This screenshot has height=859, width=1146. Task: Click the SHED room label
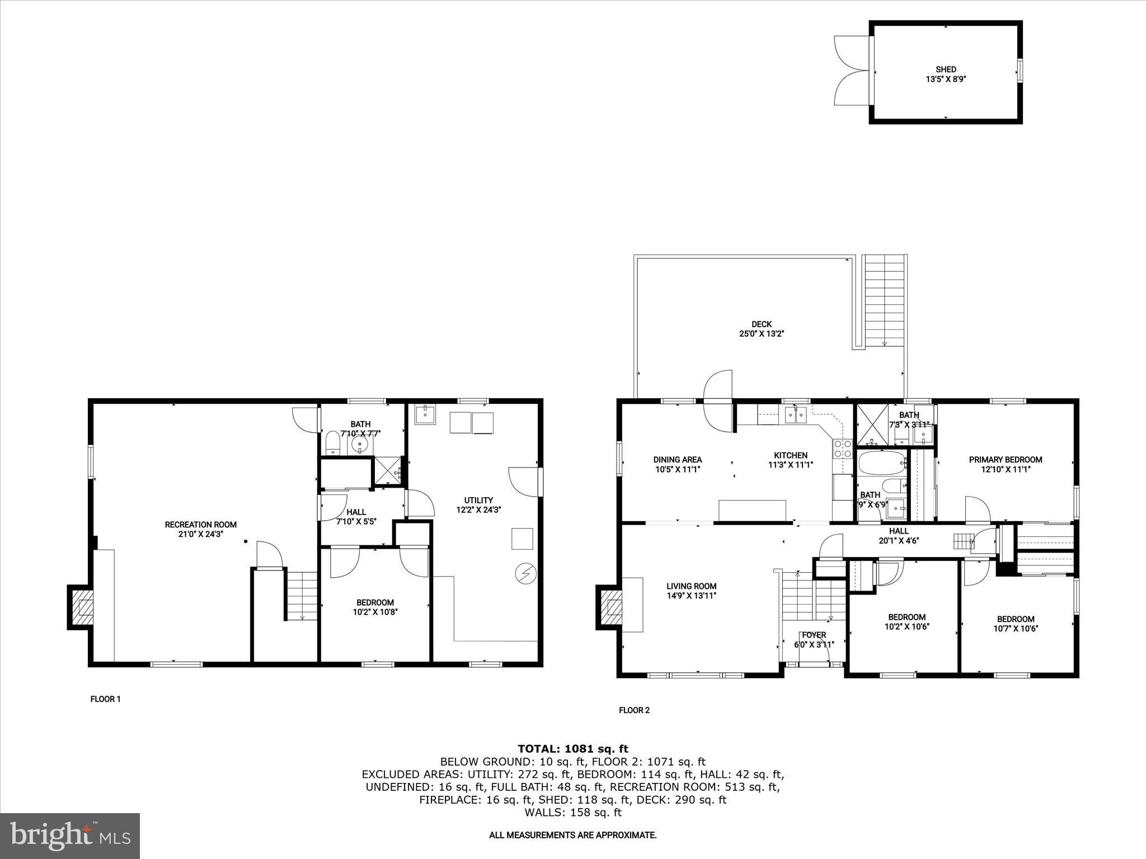click(x=946, y=74)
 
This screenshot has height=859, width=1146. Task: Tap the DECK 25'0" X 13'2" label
click(x=761, y=329)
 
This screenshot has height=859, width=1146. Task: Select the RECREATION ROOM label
click(x=200, y=529)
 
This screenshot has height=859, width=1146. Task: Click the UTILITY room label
click(x=478, y=504)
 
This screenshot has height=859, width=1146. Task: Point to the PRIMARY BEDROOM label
click(x=1006, y=464)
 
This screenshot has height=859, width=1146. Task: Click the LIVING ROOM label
click(x=691, y=591)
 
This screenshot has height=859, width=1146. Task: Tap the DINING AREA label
click(x=677, y=464)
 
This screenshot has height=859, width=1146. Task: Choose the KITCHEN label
click(x=790, y=460)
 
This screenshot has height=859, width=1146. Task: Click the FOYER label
click(x=814, y=639)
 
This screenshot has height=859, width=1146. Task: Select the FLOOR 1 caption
click(x=105, y=699)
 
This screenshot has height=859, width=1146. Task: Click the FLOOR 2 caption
click(x=634, y=710)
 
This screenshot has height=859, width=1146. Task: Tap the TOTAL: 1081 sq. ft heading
click(x=572, y=748)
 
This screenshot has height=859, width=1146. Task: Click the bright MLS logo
click(x=70, y=836)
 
